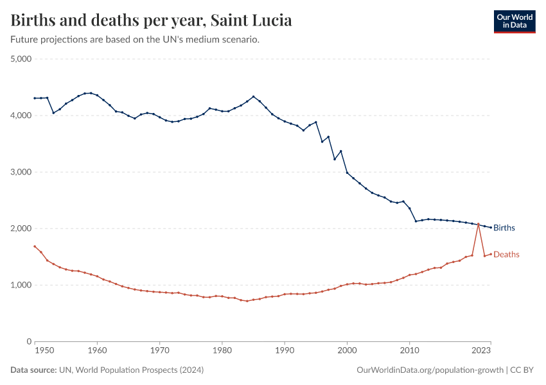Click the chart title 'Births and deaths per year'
pos(152,21)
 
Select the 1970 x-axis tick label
pos(159,350)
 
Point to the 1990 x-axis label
pos(285,350)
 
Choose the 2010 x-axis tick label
pos(409,350)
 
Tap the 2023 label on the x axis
pos(482,350)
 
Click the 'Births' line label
pos(504,228)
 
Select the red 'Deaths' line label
pos(506,255)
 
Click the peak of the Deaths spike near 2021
pos(478,223)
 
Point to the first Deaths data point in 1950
pos(35,246)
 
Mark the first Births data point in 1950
pos(35,98)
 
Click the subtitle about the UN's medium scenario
pos(135,40)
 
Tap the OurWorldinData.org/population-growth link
pos(430,370)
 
